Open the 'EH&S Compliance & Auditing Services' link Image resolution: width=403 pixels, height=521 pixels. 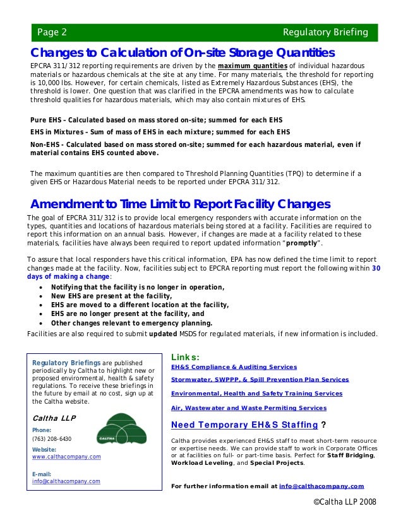[x=234, y=366]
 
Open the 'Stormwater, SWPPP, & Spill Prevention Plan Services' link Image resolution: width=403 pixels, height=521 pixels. [x=260, y=380]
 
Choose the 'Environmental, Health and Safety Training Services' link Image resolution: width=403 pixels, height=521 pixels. [x=256, y=393]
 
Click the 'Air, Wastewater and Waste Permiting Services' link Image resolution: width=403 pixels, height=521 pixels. [x=249, y=408]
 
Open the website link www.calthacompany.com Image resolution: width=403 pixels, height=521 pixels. [x=66, y=457]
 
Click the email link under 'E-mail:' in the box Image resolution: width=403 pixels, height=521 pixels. [x=66, y=481]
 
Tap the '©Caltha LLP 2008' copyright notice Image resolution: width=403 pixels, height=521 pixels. [x=345, y=501]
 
